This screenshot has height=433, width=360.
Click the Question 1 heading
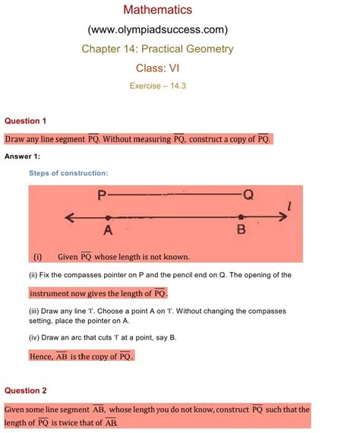(x=26, y=121)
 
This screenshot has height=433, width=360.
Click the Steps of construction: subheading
(x=68, y=173)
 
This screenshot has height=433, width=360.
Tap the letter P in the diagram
(x=102, y=197)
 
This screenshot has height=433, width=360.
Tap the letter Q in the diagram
(x=248, y=196)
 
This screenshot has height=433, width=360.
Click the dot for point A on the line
(x=108, y=216)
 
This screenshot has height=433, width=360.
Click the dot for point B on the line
(x=242, y=216)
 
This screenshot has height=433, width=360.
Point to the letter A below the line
(x=108, y=231)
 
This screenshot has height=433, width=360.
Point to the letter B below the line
(x=242, y=231)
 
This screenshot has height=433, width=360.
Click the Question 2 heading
(x=26, y=390)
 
